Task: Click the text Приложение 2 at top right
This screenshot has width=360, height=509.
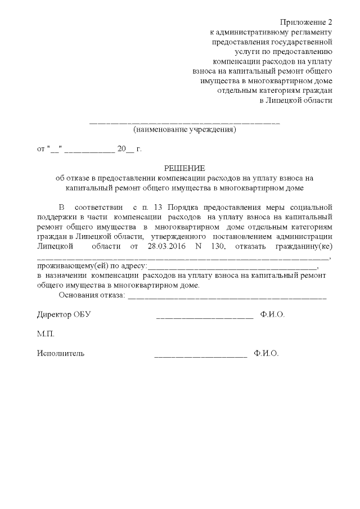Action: pos(309,22)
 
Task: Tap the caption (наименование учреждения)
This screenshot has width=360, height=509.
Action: pos(184,130)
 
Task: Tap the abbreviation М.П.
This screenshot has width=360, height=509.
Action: pos(46,334)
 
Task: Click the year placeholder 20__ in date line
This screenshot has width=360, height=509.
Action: pos(125,149)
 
